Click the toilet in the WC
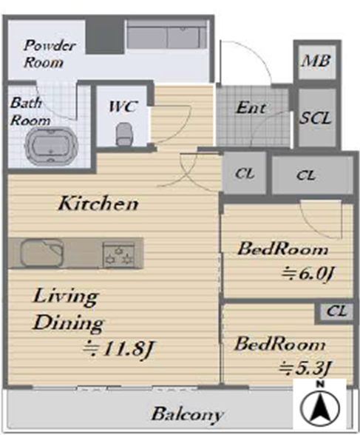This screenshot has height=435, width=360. pos(123,135)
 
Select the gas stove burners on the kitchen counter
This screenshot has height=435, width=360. pos(119,254)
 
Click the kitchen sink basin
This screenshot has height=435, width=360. pos(41,253)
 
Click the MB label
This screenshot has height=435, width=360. pos(316,61)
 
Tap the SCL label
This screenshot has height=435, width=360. pos(316,118)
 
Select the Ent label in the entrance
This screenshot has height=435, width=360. pos(251,108)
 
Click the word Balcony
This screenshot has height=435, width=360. pos(187,414)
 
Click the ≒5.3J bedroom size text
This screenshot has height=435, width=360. pos(305,369)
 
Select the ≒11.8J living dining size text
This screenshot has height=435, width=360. pos(118,348)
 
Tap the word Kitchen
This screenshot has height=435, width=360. pos(98,203)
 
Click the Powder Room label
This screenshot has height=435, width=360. pos(50,54)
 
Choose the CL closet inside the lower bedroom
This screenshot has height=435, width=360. pos(336,311)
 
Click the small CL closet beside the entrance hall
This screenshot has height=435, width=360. pos(244,174)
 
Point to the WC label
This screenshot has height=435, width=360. pos(123,107)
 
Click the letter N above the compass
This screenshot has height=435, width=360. pos(320,385)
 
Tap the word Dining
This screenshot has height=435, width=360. pos(68,323)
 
